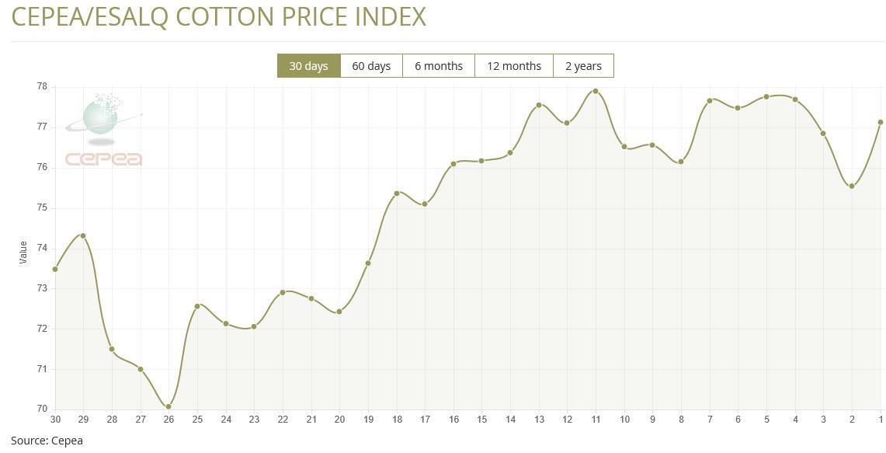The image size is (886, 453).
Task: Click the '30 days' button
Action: pos(308,66)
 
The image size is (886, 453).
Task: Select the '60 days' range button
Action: pos(371,66)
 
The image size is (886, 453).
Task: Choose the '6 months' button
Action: pos(439,66)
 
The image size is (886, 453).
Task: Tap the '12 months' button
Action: pos(514,66)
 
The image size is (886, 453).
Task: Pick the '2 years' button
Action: pos(583,66)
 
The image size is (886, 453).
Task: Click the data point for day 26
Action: pos(169,406)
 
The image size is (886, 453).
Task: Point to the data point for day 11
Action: pos(596,91)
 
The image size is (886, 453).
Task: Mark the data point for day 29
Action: pos(83,235)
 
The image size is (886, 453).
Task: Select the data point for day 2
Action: pos(852,186)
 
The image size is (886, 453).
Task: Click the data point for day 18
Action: pos(397,193)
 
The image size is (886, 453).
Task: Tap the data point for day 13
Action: pos(539,105)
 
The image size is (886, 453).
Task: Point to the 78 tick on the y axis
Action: pos(41,87)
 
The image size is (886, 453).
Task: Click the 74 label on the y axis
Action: pos(41,248)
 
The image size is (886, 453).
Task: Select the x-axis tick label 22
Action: pos(283,420)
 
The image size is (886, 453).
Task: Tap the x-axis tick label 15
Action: pos(481,420)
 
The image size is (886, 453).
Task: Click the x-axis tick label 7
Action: pos(710,420)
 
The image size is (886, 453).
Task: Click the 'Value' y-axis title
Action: pos(23,252)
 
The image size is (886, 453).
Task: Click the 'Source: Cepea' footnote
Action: pos(47,441)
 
